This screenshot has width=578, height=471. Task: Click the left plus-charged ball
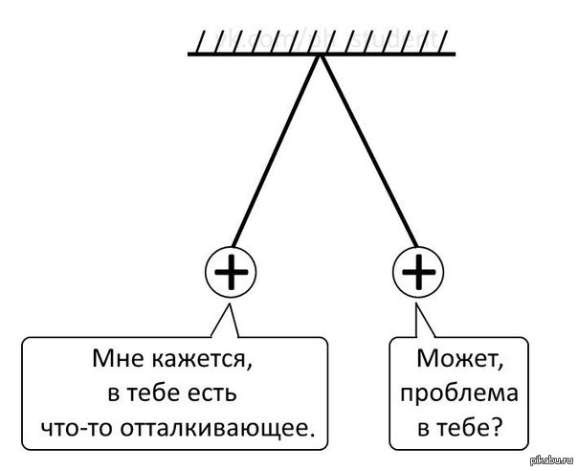[x=231, y=275]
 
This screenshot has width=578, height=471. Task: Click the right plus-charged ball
[x=419, y=275]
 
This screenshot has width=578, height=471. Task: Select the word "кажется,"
[x=203, y=363]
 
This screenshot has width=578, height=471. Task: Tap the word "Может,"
[x=459, y=361]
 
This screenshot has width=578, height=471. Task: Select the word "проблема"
[x=459, y=394]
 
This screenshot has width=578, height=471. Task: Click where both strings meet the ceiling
[x=321, y=56]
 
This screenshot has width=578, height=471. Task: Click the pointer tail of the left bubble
[x=227, y=320]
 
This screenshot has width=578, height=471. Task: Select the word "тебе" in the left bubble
[x=149, y=394]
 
